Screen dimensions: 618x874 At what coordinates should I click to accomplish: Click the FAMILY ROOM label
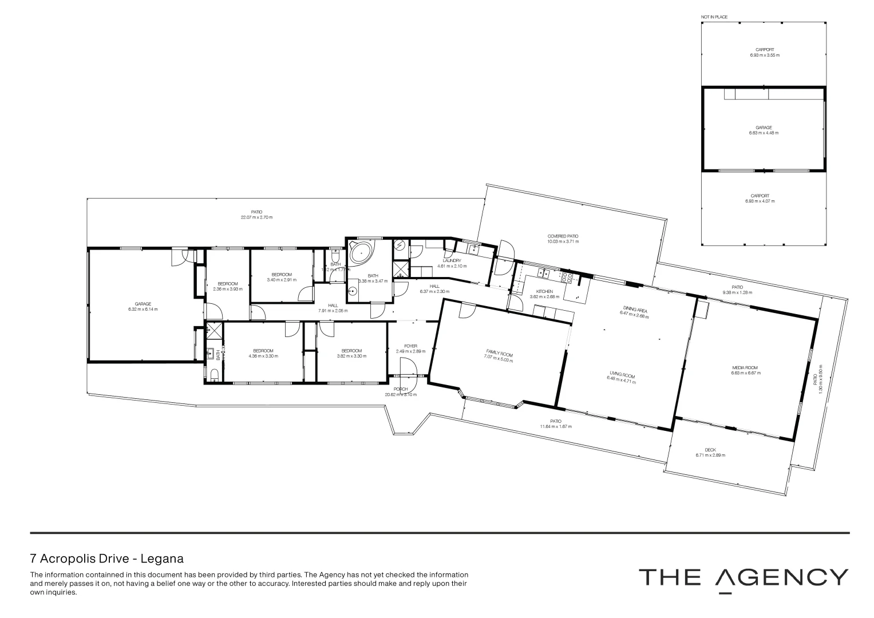[499, 354]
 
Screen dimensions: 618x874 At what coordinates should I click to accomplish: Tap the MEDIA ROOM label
[745, 367]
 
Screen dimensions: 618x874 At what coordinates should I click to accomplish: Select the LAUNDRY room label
[452, 260]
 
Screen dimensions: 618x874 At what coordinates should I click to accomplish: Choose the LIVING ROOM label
[622, 375]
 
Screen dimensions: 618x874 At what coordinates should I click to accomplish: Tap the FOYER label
[410, 346]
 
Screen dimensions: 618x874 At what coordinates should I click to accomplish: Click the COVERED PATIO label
[563, 236]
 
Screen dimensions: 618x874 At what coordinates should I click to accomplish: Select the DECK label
[710, 450]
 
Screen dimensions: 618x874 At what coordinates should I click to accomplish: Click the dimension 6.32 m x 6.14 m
[143, 309]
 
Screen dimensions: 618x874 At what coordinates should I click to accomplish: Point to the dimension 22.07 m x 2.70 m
[256, 217]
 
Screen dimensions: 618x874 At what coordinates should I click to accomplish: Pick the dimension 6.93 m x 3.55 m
[764, 56]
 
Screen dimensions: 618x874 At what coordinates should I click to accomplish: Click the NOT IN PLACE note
[714, 17]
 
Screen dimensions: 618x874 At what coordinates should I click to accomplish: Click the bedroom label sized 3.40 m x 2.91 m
[282, 274]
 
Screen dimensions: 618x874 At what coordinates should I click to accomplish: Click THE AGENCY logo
[743, 578]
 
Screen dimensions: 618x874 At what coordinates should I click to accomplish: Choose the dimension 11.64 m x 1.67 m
[556, 427]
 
